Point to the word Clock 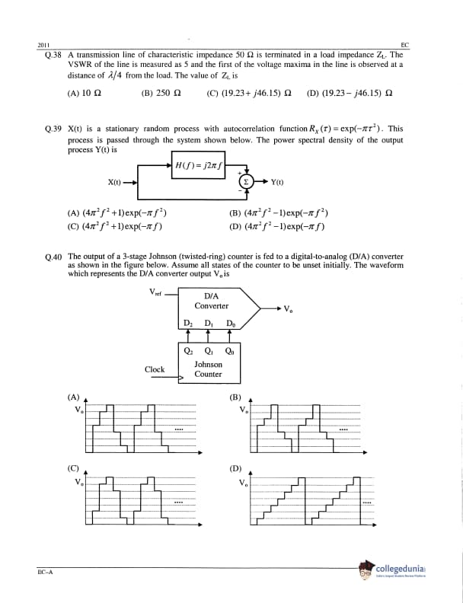155,369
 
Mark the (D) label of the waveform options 235,469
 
